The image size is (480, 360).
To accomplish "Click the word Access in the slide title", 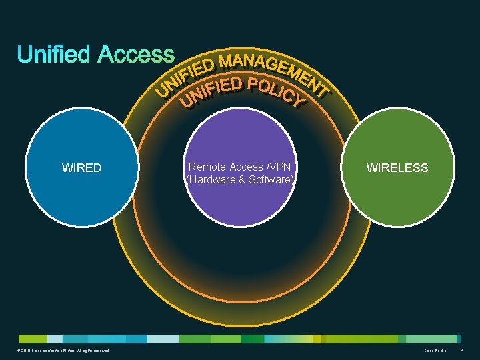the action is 136,55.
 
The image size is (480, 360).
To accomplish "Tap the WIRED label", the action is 81,168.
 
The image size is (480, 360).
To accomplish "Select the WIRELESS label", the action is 397,168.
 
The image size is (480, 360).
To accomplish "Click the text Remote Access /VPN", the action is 240,167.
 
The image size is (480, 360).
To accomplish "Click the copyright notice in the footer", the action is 60,351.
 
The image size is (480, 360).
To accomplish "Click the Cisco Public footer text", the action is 435,351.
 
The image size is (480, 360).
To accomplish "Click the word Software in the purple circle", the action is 271,179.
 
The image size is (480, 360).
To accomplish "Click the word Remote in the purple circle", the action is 206,167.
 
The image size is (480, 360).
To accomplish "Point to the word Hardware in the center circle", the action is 211,179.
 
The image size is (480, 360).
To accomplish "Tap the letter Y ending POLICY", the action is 298,101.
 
